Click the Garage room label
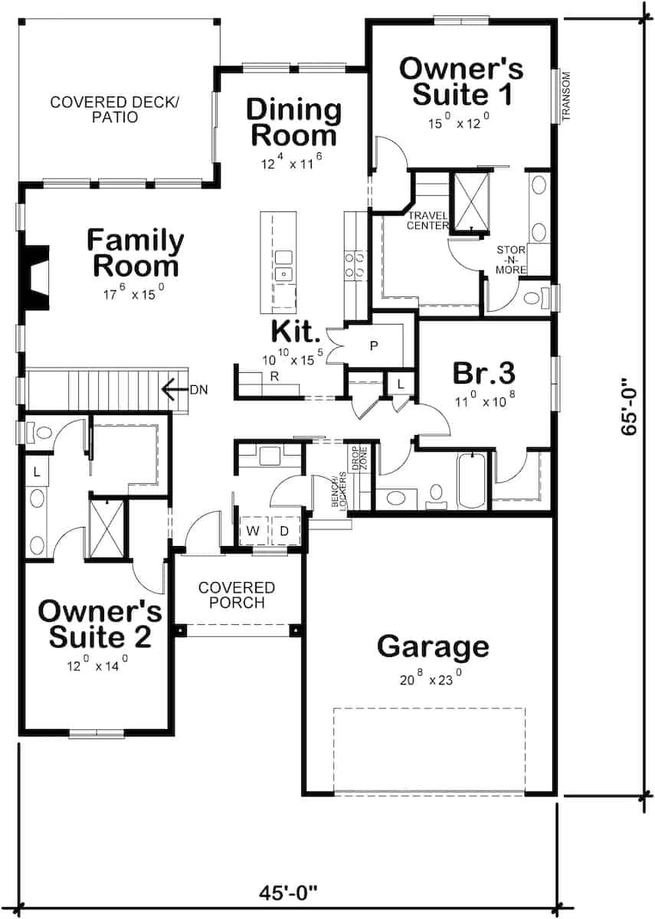point(433,647)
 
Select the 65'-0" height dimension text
point(630,406)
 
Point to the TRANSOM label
point(568,96)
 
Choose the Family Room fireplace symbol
point(36,276)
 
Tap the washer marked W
point(251,531)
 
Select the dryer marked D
point(283,531)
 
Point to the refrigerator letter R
point(273,376)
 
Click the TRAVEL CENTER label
point(427,220)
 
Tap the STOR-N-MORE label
point(511,260)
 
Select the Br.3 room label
point(483,374)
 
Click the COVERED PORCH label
point(236,595)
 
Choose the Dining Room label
point(293,123)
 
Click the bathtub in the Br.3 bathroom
point(470,480)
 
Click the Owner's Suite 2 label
point(100,624)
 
